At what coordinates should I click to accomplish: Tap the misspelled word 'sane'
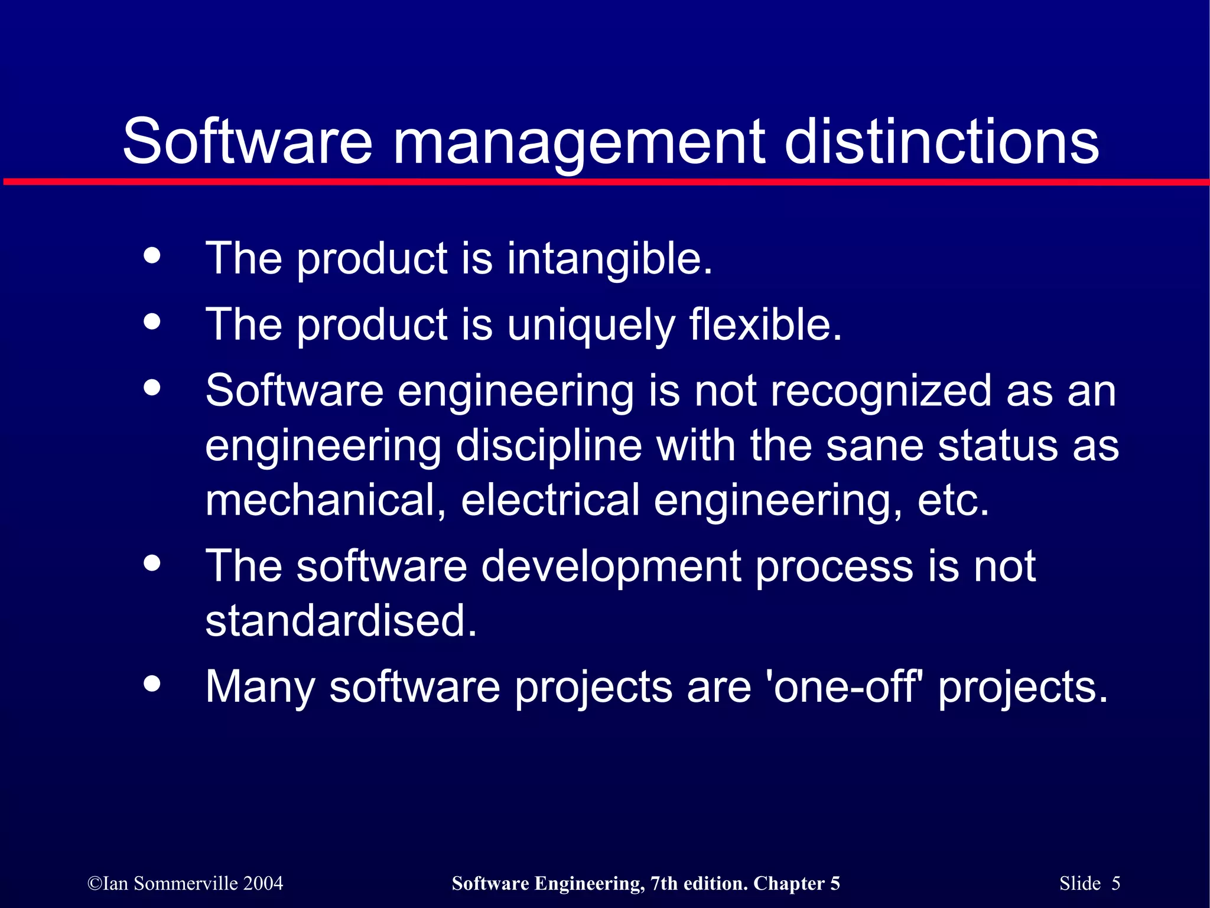coord(874,446)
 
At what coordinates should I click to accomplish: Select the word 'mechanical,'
coord(326,500)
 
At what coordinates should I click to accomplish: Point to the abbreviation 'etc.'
coord(953,500)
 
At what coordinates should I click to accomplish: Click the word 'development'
coord(611,567)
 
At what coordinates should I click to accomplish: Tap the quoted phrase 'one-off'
coord(850,686)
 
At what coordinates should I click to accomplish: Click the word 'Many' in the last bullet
coord(260,687)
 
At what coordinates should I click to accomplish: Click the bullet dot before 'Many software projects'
coord(152,684)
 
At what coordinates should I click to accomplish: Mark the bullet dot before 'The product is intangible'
coord(152,256)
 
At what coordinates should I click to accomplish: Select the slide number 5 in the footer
coord(1115,883)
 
